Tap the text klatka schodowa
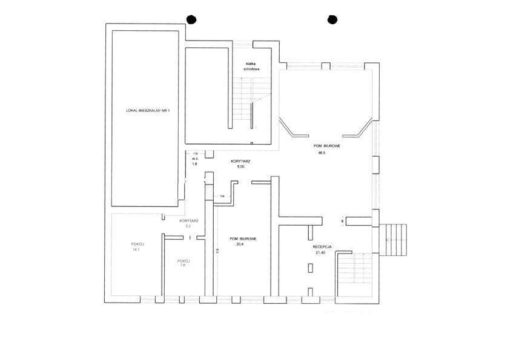point(251,66)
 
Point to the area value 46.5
point(322,153)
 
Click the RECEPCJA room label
point(322,247)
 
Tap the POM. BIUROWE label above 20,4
point(243,239)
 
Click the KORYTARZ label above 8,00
point(241,162)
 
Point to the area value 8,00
point(240,167)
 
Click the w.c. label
point(195,159)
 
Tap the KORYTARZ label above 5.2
point(189,221)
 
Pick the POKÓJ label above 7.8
point(183,261)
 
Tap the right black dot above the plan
point(331,19)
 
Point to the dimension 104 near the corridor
point(222,197)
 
